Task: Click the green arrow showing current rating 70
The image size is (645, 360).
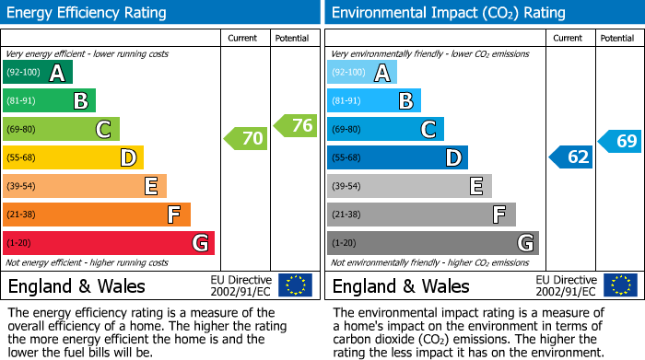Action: [246, 139]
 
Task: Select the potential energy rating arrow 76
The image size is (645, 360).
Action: [296, 125]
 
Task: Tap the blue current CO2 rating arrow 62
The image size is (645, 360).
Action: [571, 157]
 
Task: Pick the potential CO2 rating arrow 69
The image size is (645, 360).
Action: [620, 142]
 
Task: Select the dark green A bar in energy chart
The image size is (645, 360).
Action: [38, 73]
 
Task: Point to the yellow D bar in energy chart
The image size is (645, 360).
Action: [74, 158]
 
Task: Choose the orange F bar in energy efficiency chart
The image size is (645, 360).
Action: [97, 215]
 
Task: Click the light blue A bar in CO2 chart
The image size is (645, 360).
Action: [362, 73]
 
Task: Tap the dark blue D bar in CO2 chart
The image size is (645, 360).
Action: [397, 158]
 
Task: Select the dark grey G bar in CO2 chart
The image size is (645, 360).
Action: [433, 243]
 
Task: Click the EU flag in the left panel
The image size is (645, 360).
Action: [295, 285]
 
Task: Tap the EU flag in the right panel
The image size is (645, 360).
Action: [620, 285]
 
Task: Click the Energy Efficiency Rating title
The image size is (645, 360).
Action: [87, 13]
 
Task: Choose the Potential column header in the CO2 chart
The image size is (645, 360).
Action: [617, 38]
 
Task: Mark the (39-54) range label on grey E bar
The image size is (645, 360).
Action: [346, 187]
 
